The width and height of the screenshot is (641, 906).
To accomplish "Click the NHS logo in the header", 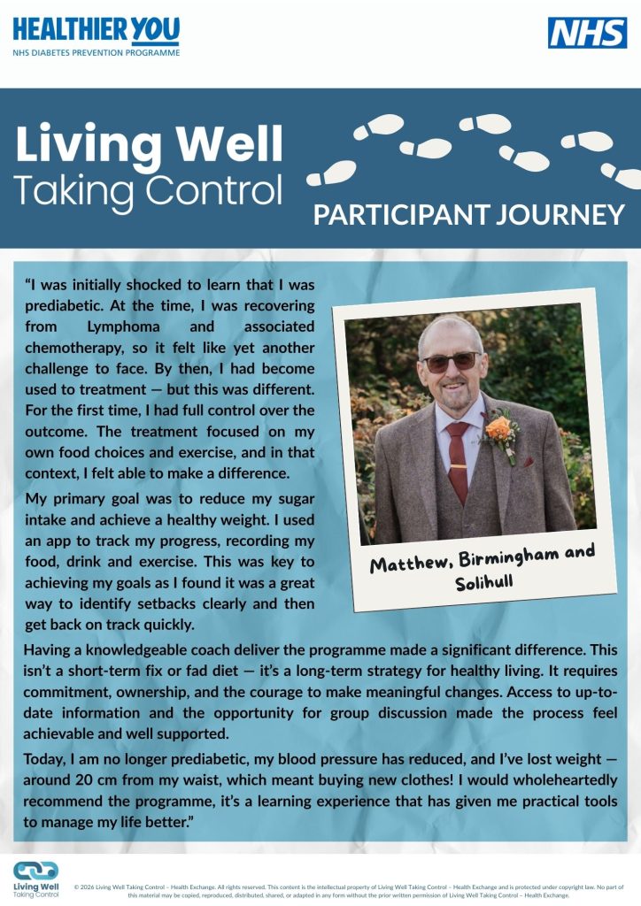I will [x=587, y=33].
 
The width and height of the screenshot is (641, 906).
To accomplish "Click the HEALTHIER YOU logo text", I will [x=96, y=32].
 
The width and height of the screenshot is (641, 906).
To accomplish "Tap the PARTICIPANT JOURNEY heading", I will [x=468, y=215].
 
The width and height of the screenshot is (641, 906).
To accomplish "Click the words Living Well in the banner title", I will [x=149, y=145].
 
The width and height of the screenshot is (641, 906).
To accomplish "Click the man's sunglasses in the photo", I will [x=451, y=361].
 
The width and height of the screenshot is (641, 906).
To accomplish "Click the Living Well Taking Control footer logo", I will [x=36, y=879].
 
